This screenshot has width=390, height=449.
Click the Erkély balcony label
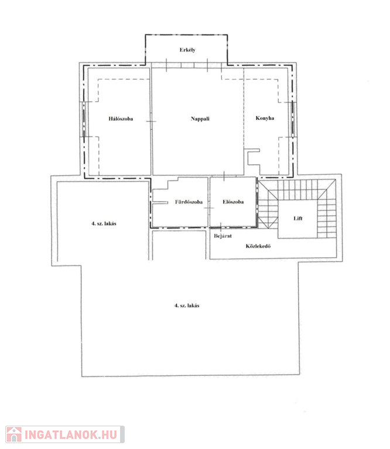[187, 50]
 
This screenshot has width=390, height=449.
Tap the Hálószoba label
[121, 119]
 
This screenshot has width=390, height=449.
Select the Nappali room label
[200, 119]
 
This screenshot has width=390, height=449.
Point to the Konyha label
[265, 118]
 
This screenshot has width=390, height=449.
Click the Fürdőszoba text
[189, 202]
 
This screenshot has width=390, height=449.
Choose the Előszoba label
[233, 202]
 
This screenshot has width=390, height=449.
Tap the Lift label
[298, 219]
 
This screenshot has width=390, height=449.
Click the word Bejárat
[223, 236]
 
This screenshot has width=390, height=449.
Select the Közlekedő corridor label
[258, 246]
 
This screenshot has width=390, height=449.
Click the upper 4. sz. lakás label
[104, 224]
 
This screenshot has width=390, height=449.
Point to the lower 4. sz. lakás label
[187, 306]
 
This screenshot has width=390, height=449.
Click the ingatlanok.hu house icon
[14, 434]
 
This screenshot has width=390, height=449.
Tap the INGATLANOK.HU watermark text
[71, 435]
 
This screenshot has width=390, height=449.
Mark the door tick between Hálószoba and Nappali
[151, 122]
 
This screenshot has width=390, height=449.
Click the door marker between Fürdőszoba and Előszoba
[209, 208]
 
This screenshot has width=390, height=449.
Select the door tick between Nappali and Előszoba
[224, 176]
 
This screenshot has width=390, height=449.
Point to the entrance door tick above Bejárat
[221, 227]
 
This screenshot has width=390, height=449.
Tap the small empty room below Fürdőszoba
[179, 245]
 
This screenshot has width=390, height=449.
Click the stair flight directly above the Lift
[297, 189]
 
